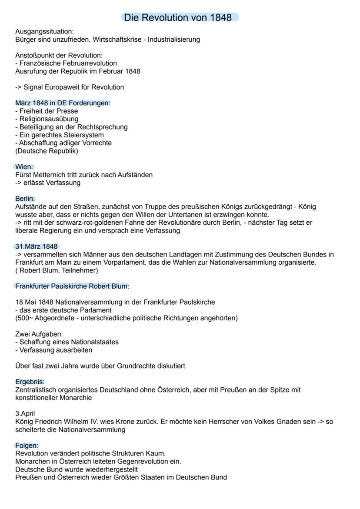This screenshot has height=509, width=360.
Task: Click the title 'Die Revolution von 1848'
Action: click(x=180, y=17)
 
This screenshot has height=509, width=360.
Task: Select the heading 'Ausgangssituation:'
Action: click(x=44, y=32)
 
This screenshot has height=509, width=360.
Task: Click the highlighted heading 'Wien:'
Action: click(x=24, y=167)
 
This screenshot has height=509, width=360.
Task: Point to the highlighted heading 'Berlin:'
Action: click(x=25, y=199)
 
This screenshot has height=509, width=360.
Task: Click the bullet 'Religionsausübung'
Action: click(x=49, y=119)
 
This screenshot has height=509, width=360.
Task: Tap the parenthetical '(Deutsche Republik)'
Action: click(x=47, y=151)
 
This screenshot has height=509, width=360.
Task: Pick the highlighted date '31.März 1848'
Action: click(x=37, y=246)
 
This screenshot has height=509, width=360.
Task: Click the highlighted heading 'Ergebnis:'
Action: click(x=30, y=382)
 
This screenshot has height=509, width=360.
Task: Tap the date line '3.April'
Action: click(x=25, y=413)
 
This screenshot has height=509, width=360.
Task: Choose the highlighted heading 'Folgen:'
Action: click(x=27, y=446)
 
